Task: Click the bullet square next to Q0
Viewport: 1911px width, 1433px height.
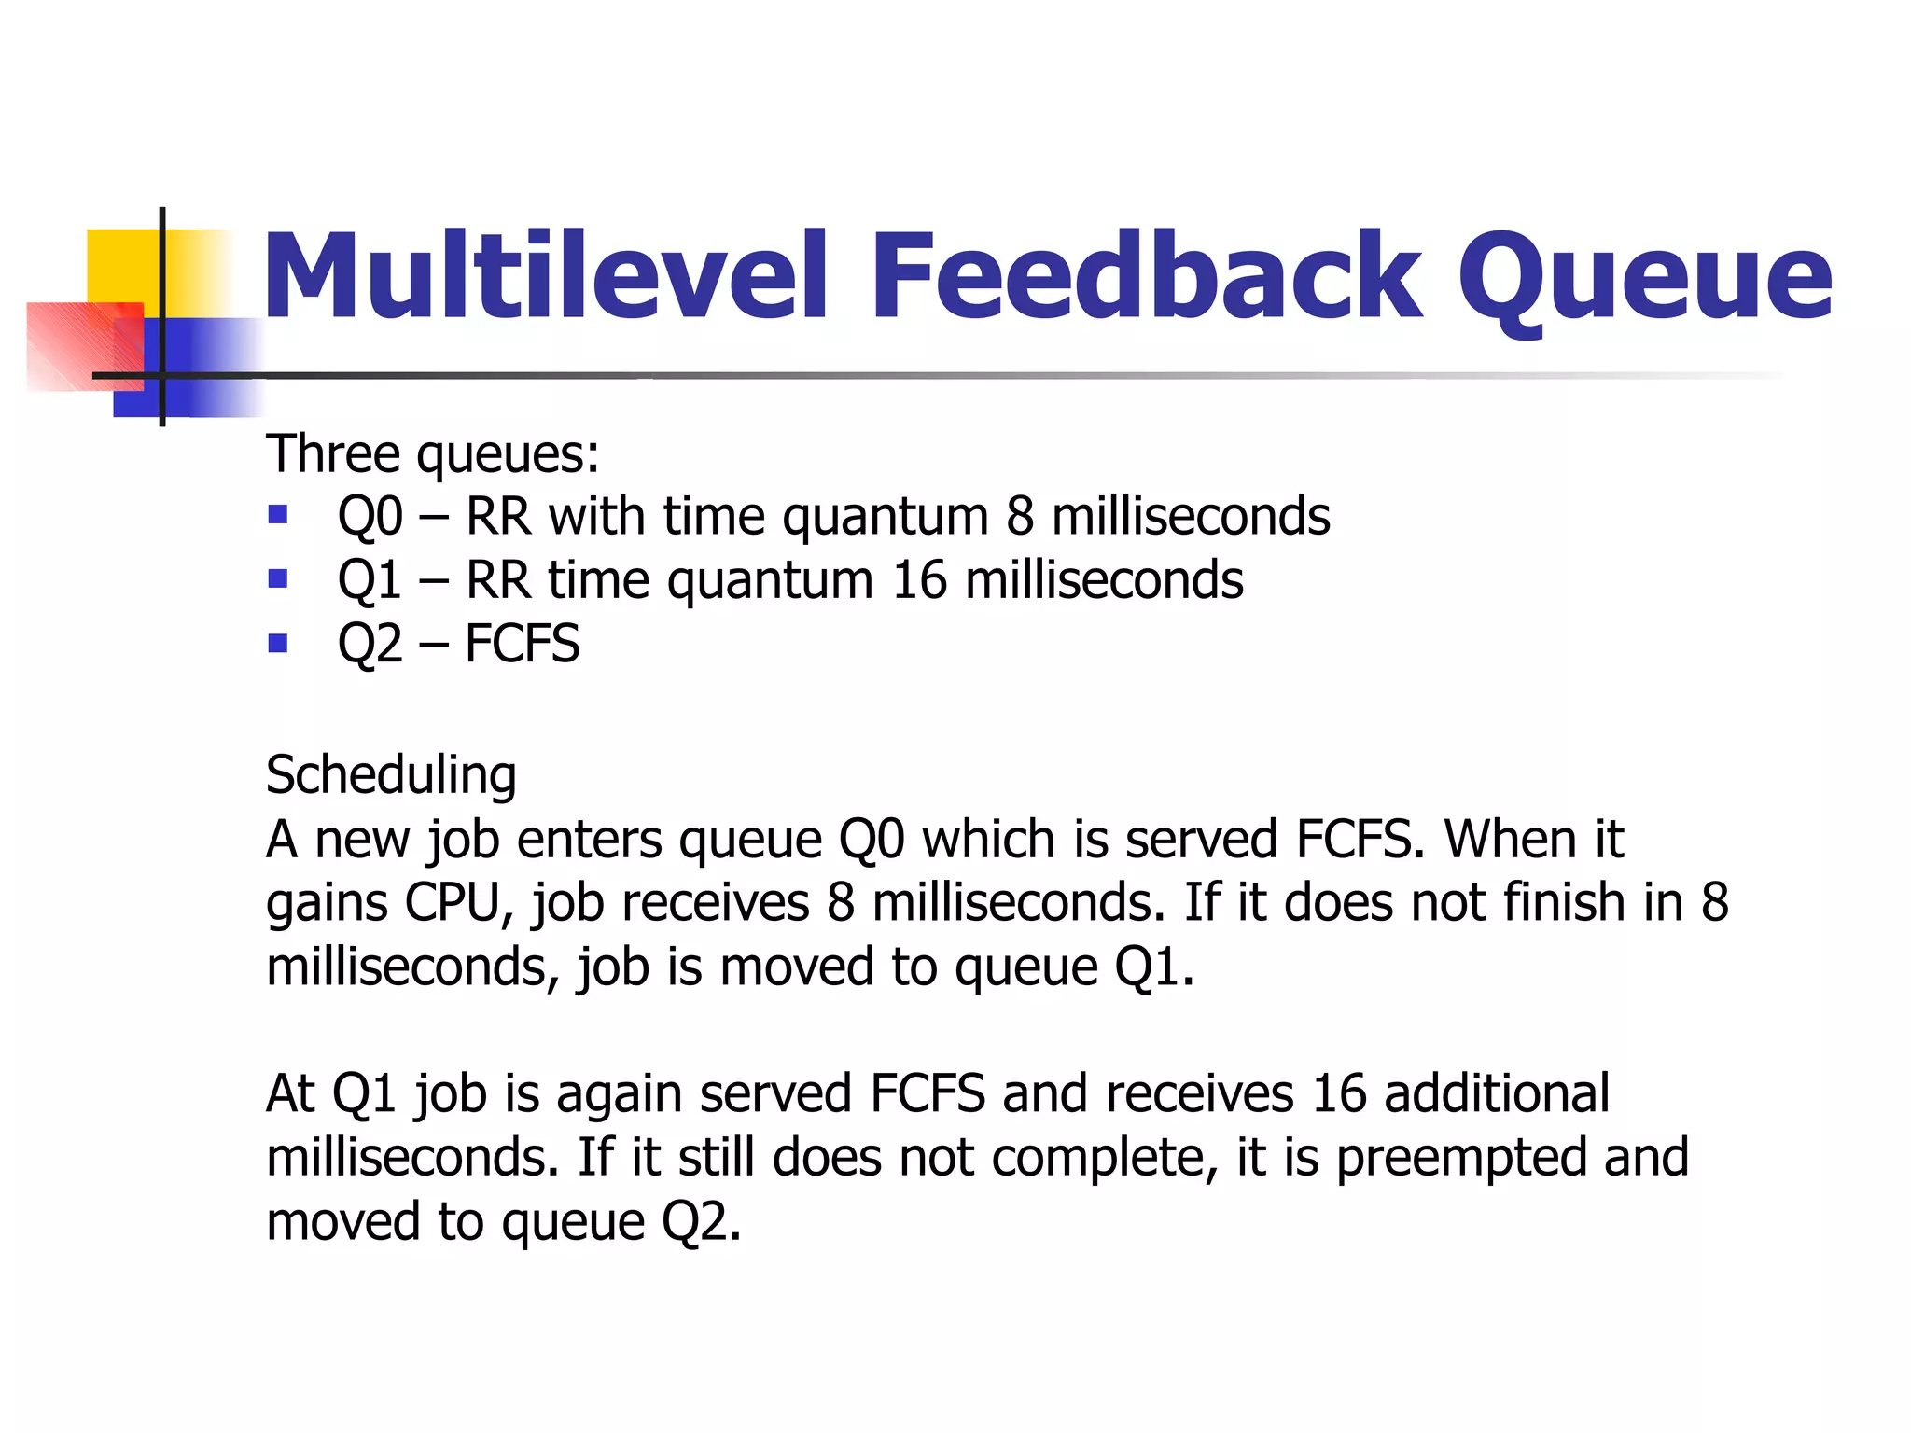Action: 277,515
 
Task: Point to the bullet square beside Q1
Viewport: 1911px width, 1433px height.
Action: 277,579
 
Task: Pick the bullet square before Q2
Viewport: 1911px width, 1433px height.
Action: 277,643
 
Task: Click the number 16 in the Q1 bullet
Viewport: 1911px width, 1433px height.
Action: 919,580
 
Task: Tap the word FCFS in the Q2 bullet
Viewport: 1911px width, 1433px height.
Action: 522,644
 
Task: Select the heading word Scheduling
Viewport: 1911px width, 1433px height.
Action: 391,775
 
